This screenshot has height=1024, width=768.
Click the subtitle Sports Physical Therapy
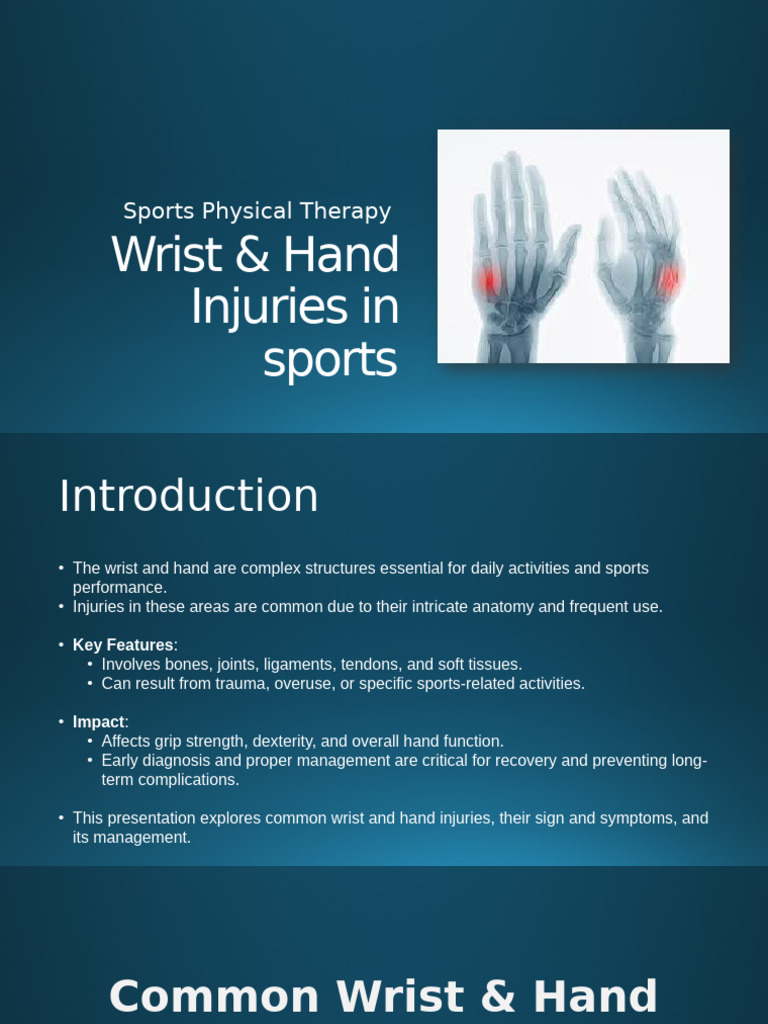pyautogui.click(x=256, y=212)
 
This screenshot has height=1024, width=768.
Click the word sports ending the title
pyautogui.click(x=330, y=360)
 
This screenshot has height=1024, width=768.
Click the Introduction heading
pyautogui.click(x=189, y=496)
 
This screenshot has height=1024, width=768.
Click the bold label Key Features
pyautogui.click(x=123, y=645)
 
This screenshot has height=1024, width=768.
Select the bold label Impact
pyautogui.click(x=98, y=722)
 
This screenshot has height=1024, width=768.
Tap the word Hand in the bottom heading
pyautogui.click(x=594, y=997)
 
